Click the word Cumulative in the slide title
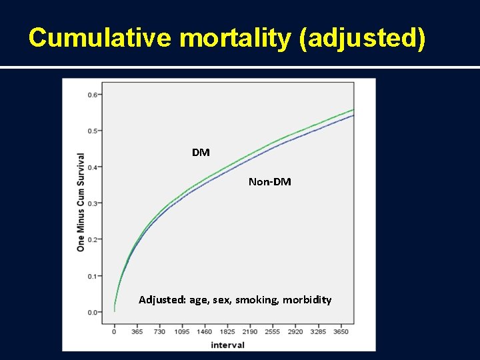[101, 38]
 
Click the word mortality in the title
[236, 38]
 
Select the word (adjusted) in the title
[362, 38]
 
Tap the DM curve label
[201, 153]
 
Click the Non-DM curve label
[269, 181]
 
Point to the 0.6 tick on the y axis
[92, 95]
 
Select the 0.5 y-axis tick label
[92, 131]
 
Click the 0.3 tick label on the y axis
[92, 203]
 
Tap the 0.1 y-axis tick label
[92, 276]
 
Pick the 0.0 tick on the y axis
[92, 312]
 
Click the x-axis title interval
[227, 345]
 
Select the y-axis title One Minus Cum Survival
[81, 203]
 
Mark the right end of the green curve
[353, 109]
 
